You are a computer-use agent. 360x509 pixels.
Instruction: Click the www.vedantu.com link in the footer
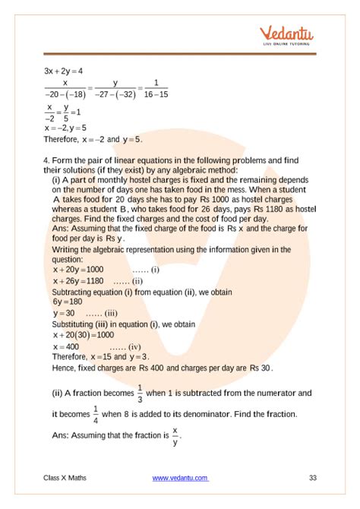180,477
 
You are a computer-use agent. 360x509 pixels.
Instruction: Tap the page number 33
313,477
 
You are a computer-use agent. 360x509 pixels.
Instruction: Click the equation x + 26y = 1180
78,280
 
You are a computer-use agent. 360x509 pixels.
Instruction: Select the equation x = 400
68,346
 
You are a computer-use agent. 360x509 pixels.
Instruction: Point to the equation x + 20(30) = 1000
84,334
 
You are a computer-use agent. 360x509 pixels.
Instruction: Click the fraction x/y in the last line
175,435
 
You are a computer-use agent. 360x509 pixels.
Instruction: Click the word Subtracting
74,291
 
